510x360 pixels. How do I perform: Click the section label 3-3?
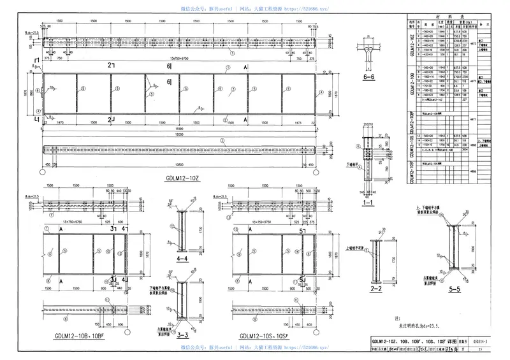pos(182,333)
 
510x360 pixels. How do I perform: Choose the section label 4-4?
pos(181,260)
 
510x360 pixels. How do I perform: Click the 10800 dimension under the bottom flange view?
pos(183,162)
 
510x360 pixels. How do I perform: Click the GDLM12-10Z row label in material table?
pos(412,42)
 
